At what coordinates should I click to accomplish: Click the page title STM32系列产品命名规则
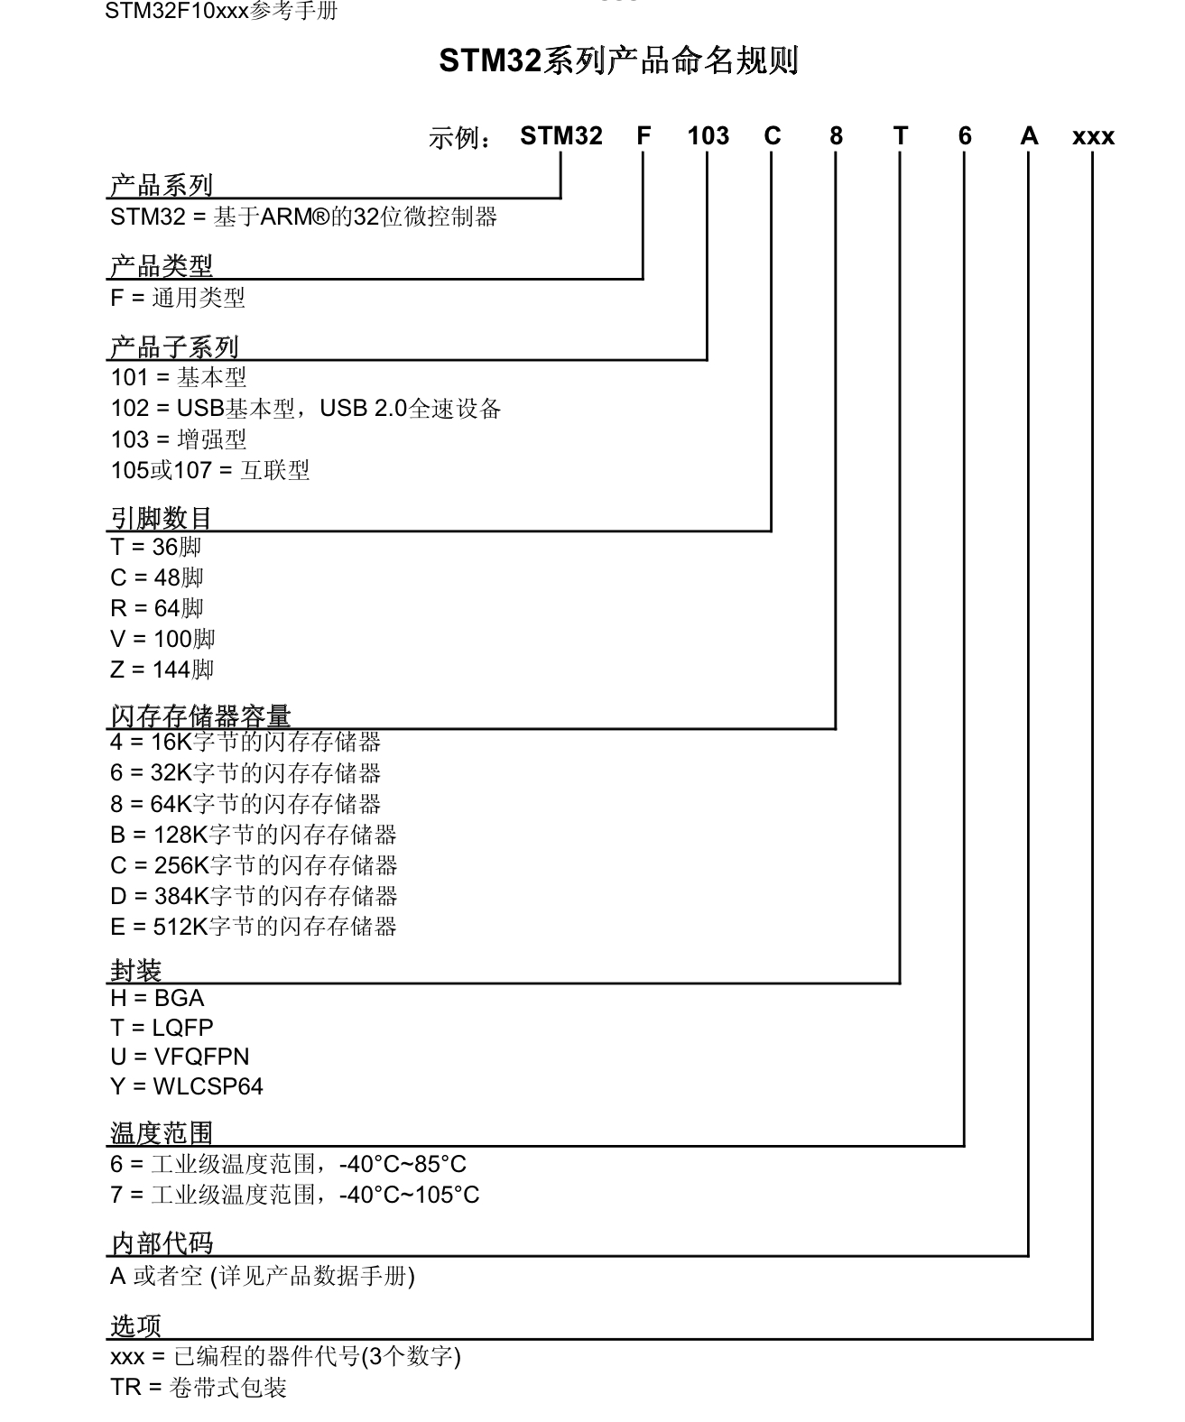[618, 61]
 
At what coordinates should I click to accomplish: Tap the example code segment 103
[708, 136]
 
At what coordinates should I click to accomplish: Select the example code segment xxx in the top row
[1093, 137]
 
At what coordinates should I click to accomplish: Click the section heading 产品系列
[161, 186]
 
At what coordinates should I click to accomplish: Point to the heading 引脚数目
[161, 518]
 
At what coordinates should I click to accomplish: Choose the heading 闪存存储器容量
[200, 716]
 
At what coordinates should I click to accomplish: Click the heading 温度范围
[161, 1133]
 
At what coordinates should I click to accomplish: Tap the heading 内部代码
[162, 1243]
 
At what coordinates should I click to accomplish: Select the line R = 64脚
[157, 608]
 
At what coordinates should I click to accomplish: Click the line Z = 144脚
[162, 669]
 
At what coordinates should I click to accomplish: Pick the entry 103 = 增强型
[179, 439]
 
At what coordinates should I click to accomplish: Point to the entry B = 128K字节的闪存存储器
[254, 835]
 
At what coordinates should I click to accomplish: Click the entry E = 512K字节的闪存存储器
[254, 927]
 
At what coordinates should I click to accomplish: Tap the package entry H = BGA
[157, 998]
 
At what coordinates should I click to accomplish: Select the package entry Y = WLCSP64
[187, 1086]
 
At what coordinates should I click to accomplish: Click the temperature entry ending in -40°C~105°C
[295, 1195]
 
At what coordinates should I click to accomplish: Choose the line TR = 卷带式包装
[199, 1387]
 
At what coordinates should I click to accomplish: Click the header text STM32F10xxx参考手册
[221, 11]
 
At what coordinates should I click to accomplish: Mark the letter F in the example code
[643, 136]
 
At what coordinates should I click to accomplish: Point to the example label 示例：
[460, 139]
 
